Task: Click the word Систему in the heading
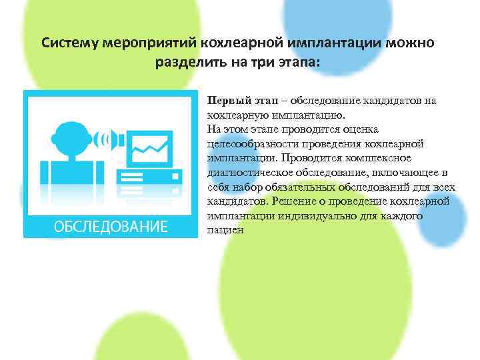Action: pos(70,43)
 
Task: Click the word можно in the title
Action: pos(411,43)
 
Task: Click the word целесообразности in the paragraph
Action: pos(247,144)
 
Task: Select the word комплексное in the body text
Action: pos(383,158)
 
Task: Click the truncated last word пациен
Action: pos(225,230)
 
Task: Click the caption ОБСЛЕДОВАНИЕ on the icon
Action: pos(111,225)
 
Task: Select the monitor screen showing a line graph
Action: pos(151,145)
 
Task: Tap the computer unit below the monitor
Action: pos(149,181)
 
